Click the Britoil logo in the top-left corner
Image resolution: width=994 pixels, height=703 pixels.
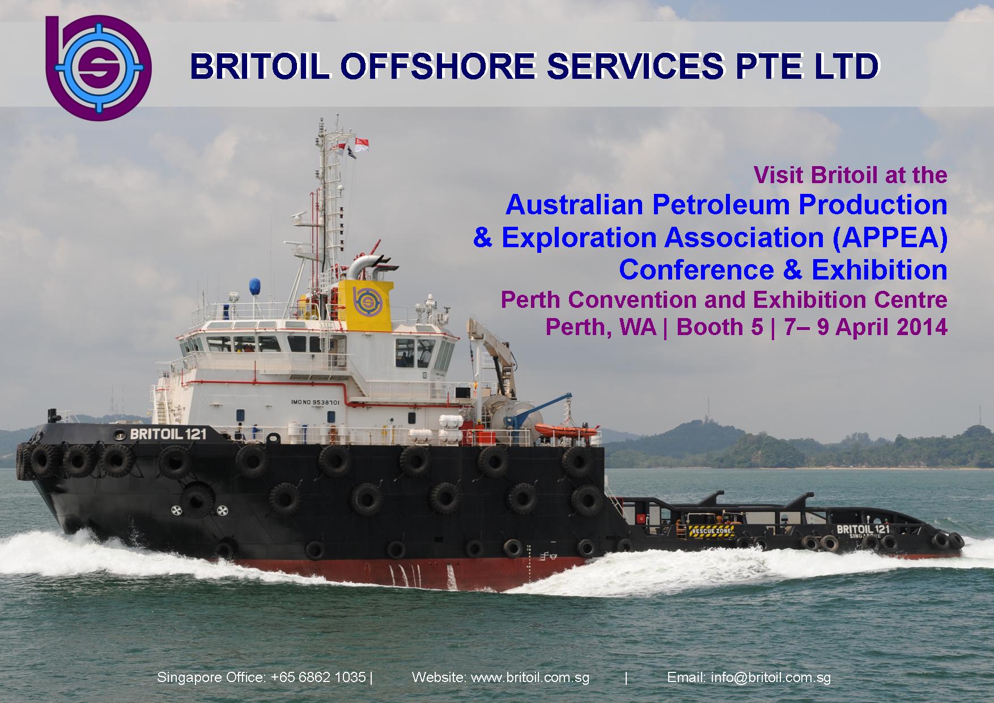point(97,68)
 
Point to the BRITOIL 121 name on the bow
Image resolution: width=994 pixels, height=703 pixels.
point(168,434)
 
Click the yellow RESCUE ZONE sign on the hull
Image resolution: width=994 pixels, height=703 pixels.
point(711,531)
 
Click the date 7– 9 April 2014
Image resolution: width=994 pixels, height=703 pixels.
point(866,327)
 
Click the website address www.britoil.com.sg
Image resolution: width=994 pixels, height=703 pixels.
point(530,677)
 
